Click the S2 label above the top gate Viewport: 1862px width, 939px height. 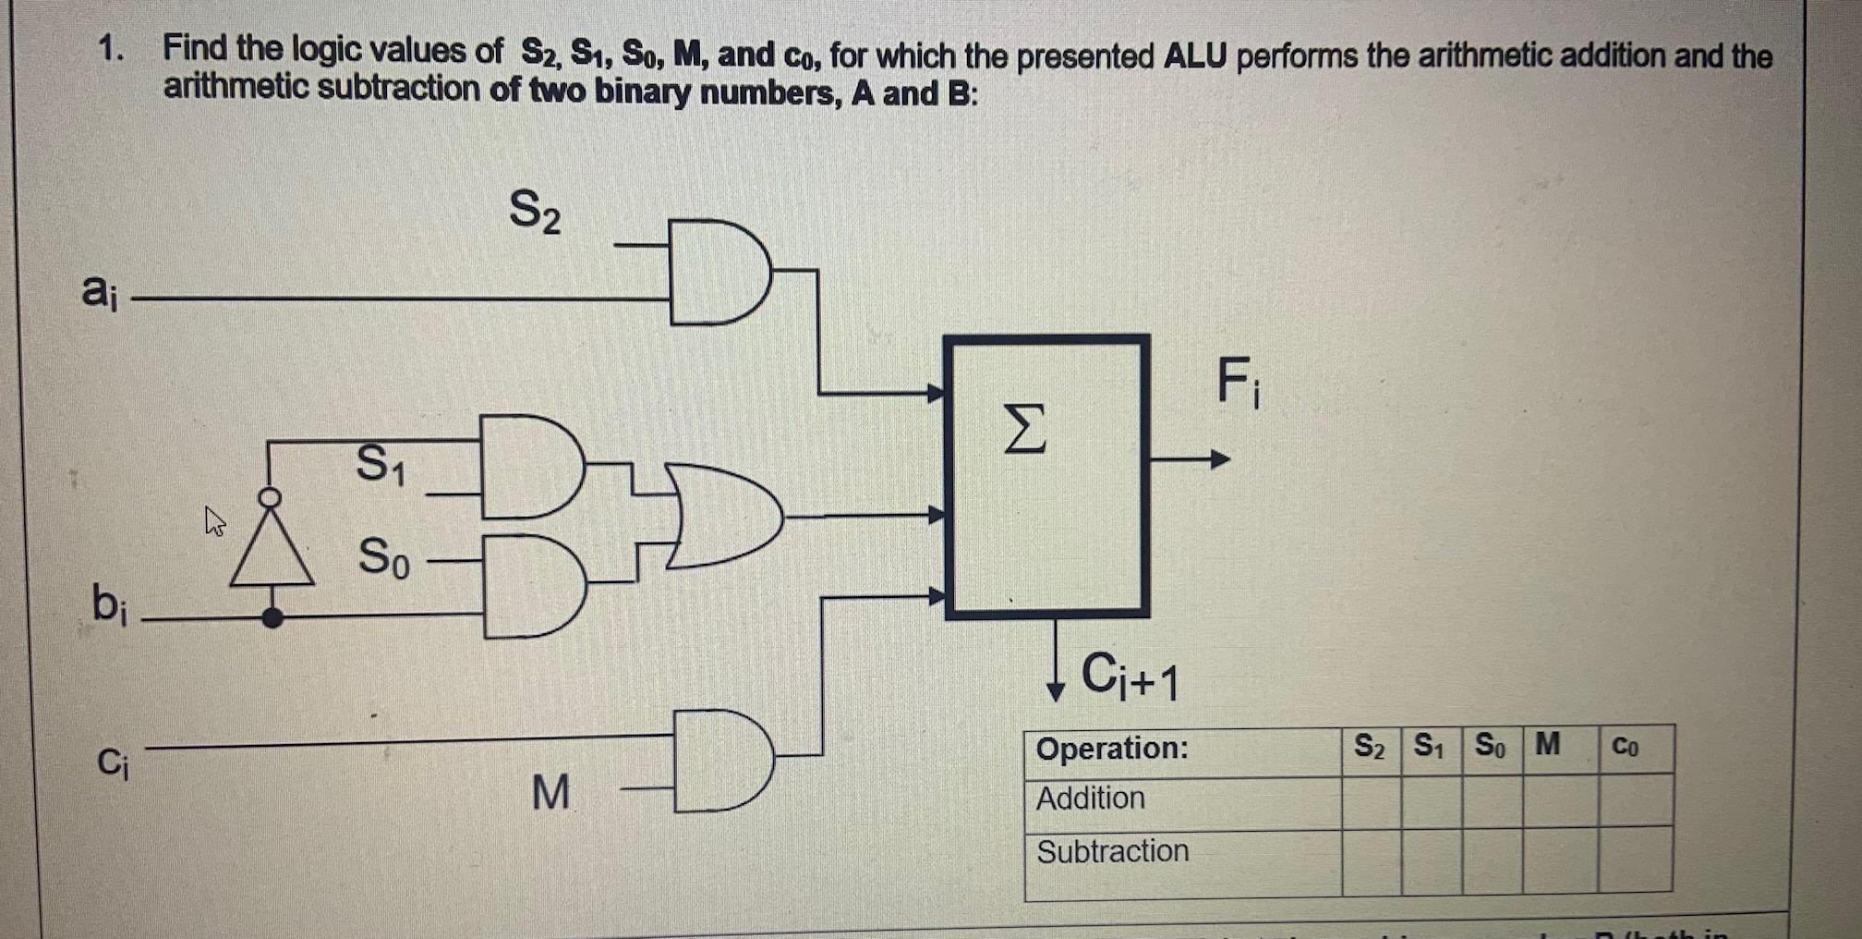tap(535, 211)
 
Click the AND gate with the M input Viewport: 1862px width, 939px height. tap(720, 761)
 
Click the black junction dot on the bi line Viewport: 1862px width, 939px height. tap(272, 617)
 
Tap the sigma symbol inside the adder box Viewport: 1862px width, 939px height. tap(1025, 429)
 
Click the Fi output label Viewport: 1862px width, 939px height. tap(1237, 382)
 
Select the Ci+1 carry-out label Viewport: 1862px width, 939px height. tap(1129, 677)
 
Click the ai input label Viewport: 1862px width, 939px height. tap(99, 292)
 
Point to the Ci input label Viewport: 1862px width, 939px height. tap(112, 763)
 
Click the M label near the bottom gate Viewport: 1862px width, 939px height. tap(551, 792)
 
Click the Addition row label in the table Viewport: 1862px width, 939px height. tap(1090, 799)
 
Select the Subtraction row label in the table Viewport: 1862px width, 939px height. tap(1112, 851)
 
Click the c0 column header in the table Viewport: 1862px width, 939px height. tap(1625, 746)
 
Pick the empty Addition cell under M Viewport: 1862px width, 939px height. tap(1559, 800)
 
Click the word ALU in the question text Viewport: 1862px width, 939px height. tap(1194, 57)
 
